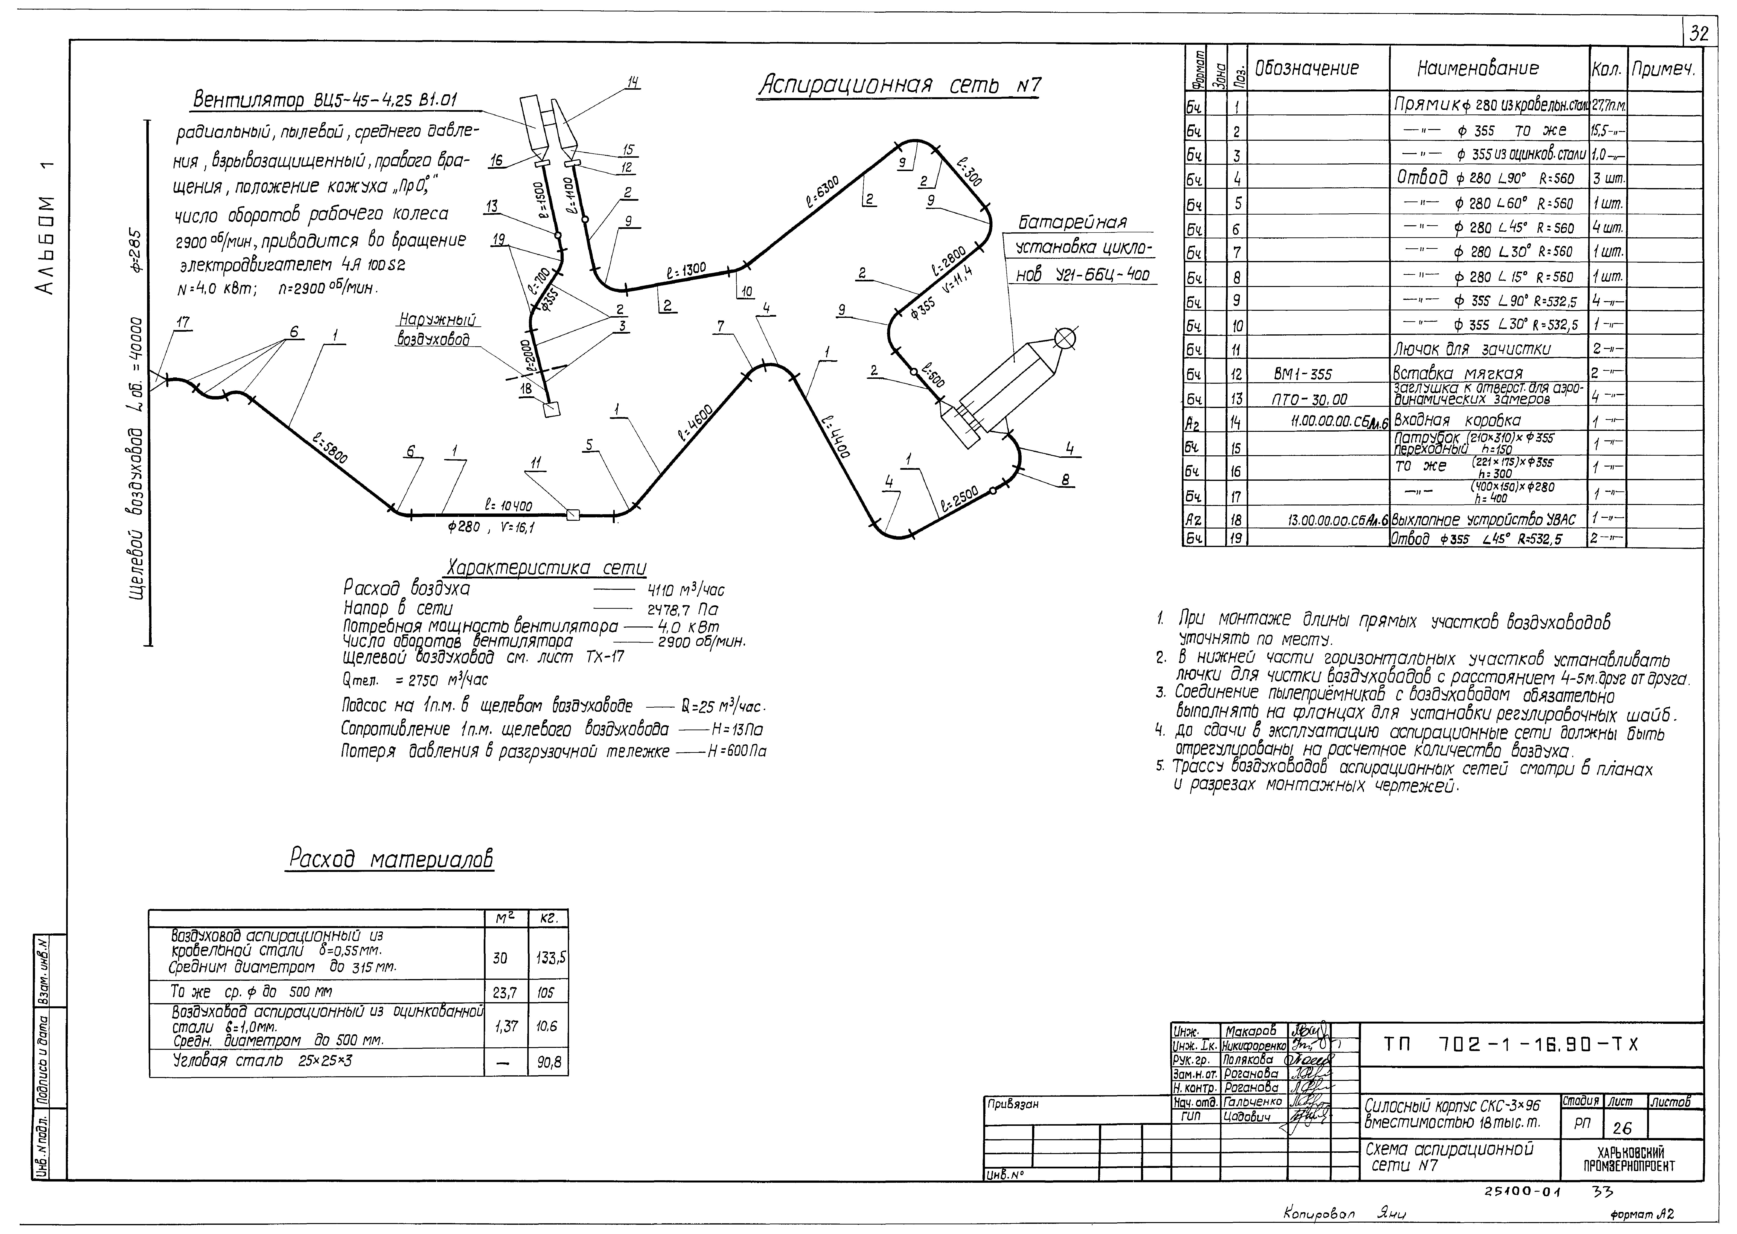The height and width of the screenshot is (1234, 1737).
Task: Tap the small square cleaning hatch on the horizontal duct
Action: point(573,515)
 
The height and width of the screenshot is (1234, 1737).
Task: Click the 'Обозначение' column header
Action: point(1306,68)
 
